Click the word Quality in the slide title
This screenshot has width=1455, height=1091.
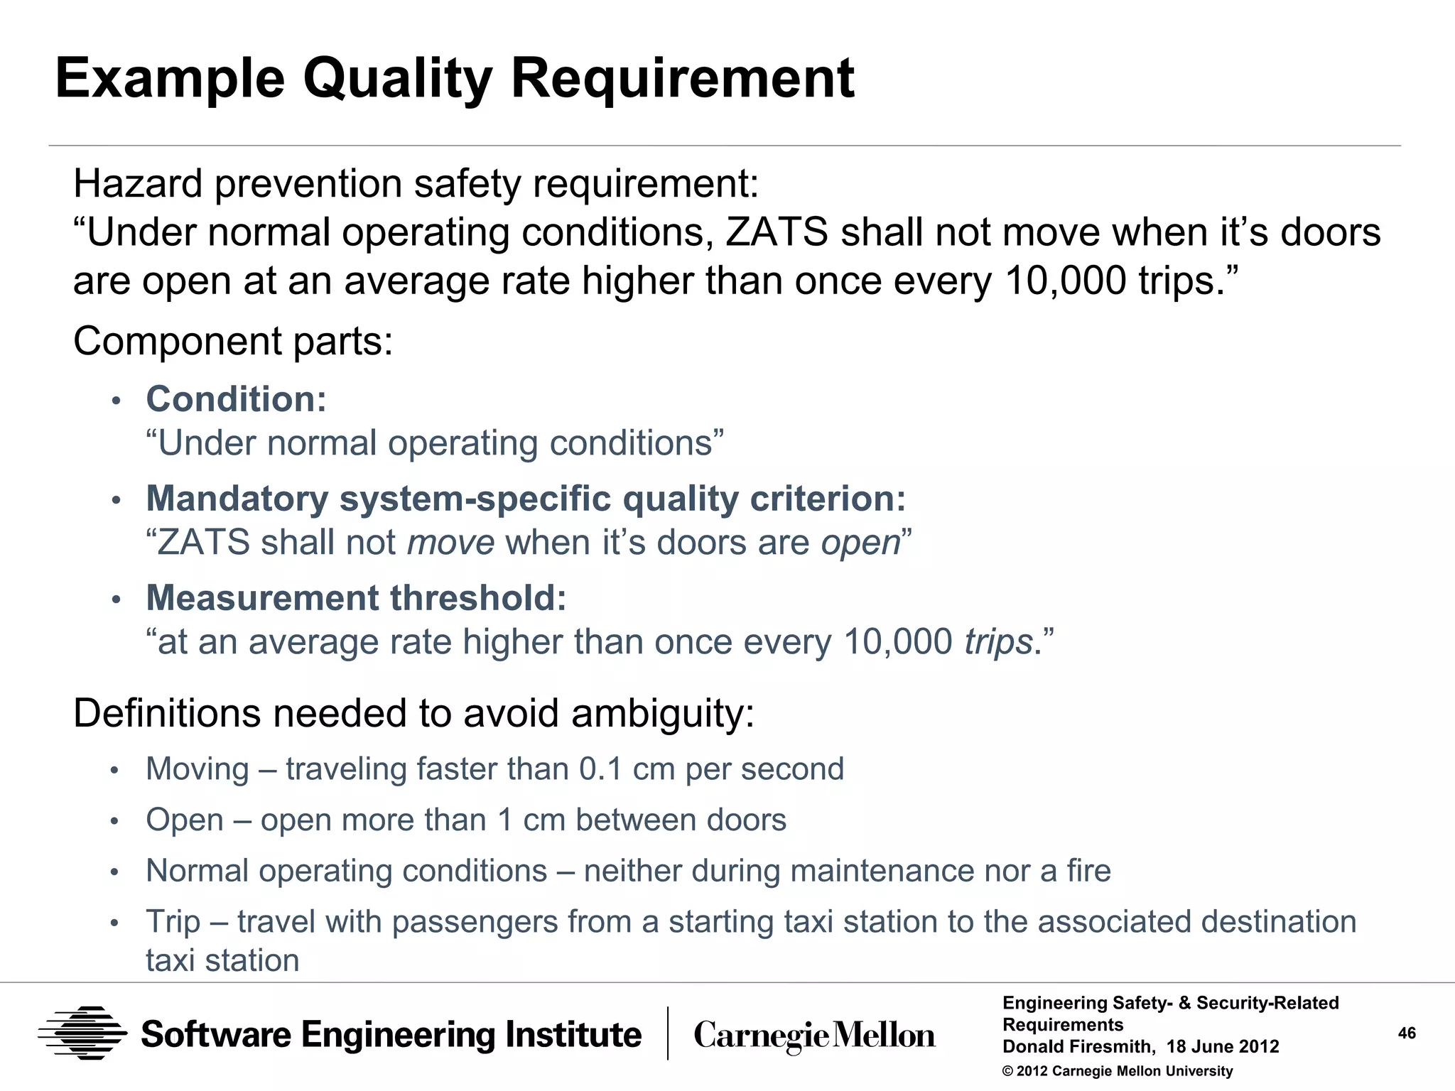click(397, 78)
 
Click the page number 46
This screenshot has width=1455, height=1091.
click(1407, 1033)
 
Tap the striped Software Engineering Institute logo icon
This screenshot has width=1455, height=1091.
click(82, 1033)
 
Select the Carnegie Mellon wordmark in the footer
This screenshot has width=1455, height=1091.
click(814, 1036)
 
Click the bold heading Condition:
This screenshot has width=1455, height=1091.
click(236, 399)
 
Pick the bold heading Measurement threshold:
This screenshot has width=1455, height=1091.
click(356, 598)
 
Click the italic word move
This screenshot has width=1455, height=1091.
click(450, 543)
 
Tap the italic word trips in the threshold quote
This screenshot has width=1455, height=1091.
click(997, 642)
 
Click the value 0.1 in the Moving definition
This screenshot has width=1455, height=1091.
click(600, 769)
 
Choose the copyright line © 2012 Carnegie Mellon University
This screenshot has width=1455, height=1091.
click(1117, 1071)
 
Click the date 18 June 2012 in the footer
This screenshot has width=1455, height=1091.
click(1222, 1047)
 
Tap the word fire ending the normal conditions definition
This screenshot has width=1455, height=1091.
click(1088, 871)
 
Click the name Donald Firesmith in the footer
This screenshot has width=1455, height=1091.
click(1077, 1047)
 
